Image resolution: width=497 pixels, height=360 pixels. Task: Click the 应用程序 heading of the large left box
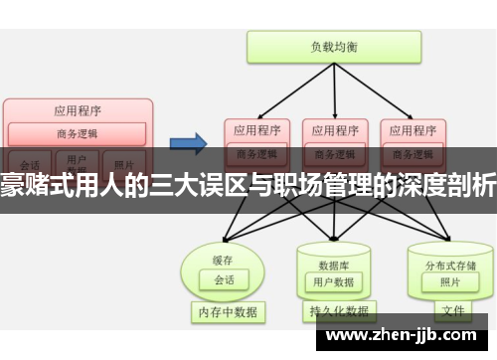(x=77, y=110)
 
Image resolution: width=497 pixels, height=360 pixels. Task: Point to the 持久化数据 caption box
(x=334, y=312)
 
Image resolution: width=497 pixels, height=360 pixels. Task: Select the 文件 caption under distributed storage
(x=452, y=311)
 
